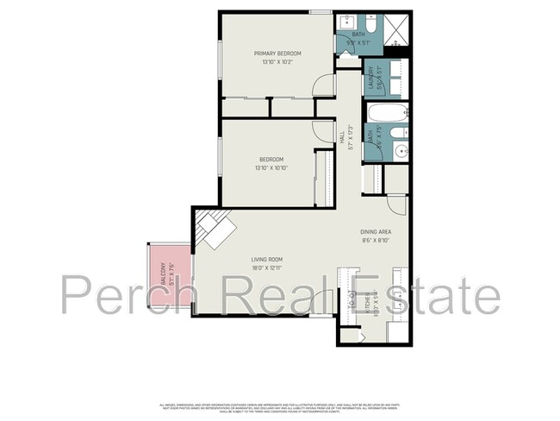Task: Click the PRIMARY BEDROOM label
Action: coord(277,53)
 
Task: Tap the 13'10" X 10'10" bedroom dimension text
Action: coord(271,167)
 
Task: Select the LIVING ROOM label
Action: coord(267,259)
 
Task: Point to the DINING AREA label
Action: coord(376,233)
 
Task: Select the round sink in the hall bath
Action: coord(400,153)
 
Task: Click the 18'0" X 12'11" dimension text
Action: coord(267,269)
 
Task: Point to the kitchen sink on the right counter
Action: coord(401,293)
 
